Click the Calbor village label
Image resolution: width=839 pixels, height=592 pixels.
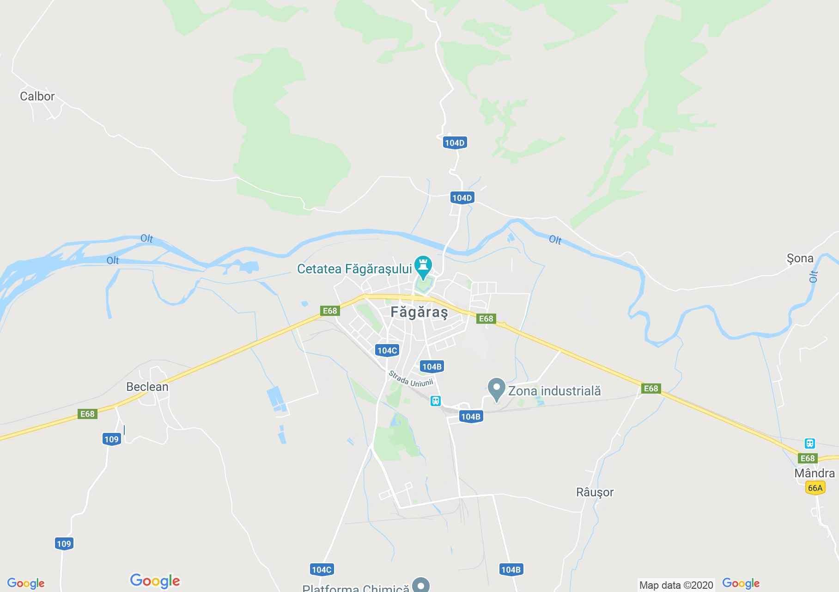tap(37, 96)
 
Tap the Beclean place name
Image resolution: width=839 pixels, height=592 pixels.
tap(147, 387)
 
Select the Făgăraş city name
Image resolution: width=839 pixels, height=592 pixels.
tap(419, 312)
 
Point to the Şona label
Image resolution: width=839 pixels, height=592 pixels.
tap(800, 259)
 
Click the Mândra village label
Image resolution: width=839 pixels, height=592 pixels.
tap(814, 473)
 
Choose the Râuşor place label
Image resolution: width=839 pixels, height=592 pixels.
tap(595, 492)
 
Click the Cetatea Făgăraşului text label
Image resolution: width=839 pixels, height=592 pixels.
tap(354, 269)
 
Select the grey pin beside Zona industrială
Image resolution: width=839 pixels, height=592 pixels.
tap(497, 388)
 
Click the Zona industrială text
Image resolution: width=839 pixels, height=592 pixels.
tap(554, 391)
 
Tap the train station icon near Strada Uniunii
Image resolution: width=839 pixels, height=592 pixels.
tap(435, 401)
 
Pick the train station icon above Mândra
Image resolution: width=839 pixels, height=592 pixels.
tap(809, 443)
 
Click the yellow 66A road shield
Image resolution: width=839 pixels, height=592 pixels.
tap(815, 487)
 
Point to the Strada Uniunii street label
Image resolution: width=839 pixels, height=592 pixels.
tap(410, 379)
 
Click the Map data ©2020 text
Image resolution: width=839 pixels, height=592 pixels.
tap(676, 585)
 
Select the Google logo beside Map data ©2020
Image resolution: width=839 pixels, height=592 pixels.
tap(741, 583)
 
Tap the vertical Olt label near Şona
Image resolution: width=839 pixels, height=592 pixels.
tap(814, 276)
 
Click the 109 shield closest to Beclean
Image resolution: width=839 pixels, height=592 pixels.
tap(111, 439)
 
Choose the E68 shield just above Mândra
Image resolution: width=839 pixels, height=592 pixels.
tap(807, 458)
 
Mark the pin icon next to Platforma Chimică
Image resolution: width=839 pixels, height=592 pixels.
tap(421, 585)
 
